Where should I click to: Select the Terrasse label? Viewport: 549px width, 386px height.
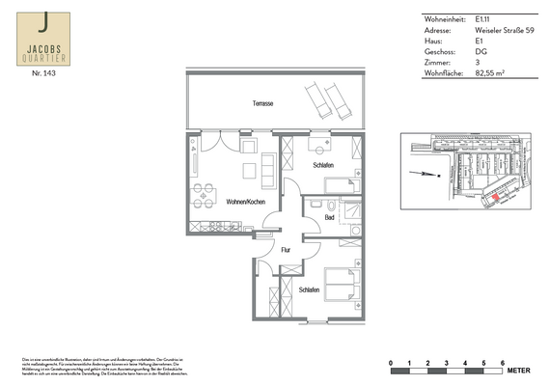click(x=261, y=102)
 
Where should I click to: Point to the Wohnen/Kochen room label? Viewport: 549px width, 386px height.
click(x=245, y=203)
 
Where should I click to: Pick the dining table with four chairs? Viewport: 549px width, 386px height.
click(x=204, y=196)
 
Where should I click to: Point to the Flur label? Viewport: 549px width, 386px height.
click(x=286, y=250)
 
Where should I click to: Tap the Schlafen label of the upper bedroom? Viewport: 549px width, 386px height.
click(x=323, y=166)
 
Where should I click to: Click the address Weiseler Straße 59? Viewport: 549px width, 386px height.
click(x=505, y=30)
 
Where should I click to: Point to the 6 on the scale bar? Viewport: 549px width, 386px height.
click(x=502, y=362)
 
